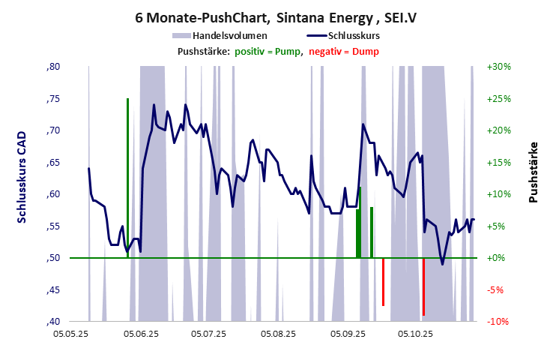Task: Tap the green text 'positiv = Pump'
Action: point(268,51)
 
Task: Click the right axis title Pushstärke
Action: point(534,172)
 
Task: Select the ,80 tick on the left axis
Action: point(54,67)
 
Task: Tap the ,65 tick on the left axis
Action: point(54,162)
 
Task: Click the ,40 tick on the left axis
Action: point(54,321)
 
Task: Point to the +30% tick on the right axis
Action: point(499,67)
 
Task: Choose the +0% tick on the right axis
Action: point(499,258)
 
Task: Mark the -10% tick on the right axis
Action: point(499,321)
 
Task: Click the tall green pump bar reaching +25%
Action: point(127,172)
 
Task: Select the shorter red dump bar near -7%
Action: point(383,281)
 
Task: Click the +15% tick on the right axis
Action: point(499,162)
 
